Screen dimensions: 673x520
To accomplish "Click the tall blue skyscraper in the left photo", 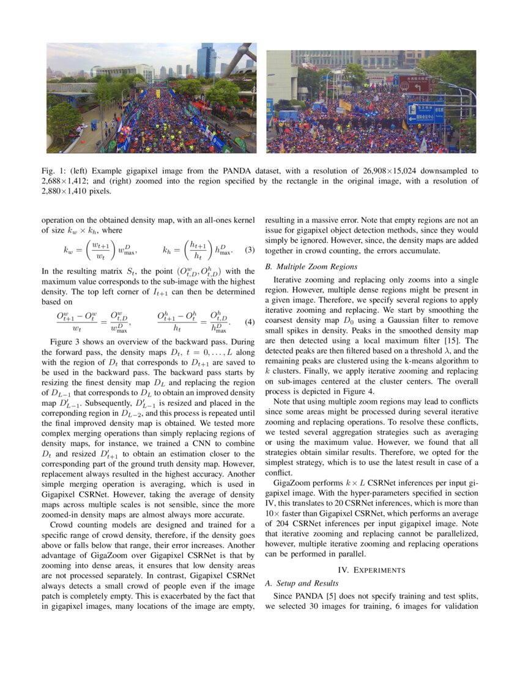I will pos(206,59).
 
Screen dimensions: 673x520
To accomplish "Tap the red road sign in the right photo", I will pos(414,86).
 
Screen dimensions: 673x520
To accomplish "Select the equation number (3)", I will pos(249,250).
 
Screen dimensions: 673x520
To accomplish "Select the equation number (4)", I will pos(249,322).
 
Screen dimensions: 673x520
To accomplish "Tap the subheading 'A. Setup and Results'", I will pos(301,583).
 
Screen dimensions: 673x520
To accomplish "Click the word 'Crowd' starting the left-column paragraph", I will pos(62,525).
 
